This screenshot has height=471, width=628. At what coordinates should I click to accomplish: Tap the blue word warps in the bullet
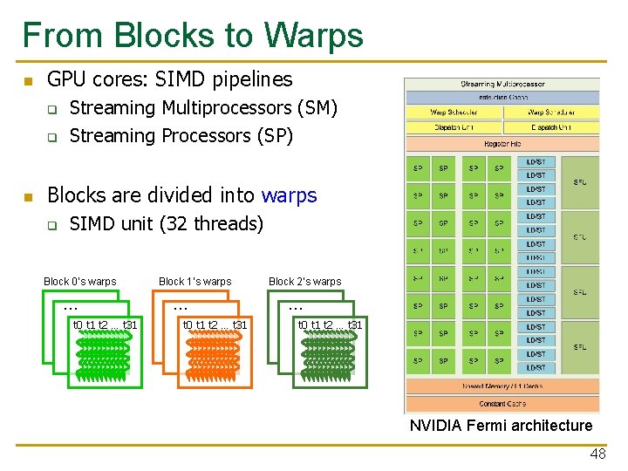(x=289, y=195)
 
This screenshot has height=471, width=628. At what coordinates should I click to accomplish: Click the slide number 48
(x=597, y=454)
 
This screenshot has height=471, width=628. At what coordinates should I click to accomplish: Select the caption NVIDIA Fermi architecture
(x=501, y=426)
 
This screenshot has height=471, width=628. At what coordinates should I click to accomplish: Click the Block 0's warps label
(x=79, y=282)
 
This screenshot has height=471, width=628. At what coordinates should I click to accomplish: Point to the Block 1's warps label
(x=195, y=282)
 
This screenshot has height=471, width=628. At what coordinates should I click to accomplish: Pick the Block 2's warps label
(x=304, y=282)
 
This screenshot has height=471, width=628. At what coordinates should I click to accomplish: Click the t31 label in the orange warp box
(x=239, y=325)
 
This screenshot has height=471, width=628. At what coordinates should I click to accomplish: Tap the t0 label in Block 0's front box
(x=78, y=325)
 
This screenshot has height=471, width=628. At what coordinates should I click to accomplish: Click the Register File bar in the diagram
(x=502, y=143)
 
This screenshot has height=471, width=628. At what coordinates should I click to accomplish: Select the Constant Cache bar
(x=502, y=404)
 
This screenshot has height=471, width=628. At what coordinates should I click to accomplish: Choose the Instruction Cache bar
(x=502, y=98)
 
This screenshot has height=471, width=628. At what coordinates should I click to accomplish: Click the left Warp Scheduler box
(x=454, y=113)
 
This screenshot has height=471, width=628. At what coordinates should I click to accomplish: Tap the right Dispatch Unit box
(x=550, y=127)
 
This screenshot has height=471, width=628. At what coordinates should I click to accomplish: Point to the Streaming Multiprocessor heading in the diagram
(x=502, y=85)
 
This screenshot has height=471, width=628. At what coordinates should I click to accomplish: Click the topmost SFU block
(x=580, y=181)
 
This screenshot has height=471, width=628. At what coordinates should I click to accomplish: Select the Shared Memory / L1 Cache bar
(x=502, y=386)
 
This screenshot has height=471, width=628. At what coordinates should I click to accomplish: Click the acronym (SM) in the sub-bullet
(x=317, y=108)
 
